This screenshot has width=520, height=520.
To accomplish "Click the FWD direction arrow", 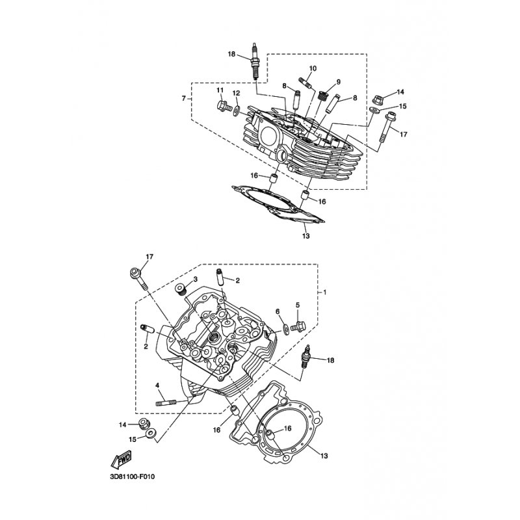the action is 121,460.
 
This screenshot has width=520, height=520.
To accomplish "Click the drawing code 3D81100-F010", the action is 133,477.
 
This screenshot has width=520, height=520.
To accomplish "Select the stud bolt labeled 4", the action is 166,403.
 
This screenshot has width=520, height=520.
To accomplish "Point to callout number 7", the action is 183,99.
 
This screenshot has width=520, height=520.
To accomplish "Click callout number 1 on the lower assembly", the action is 324,292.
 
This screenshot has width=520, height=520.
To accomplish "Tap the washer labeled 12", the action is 237,110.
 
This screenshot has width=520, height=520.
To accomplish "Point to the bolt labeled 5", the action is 298,326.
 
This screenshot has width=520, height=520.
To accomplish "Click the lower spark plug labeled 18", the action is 304,357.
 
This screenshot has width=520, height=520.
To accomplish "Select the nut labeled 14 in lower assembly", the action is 144,424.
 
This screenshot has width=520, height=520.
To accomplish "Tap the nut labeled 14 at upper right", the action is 378,99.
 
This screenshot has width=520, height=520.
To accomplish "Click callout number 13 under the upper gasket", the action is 305,236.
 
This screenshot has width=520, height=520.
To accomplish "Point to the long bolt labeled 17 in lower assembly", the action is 138,278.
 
